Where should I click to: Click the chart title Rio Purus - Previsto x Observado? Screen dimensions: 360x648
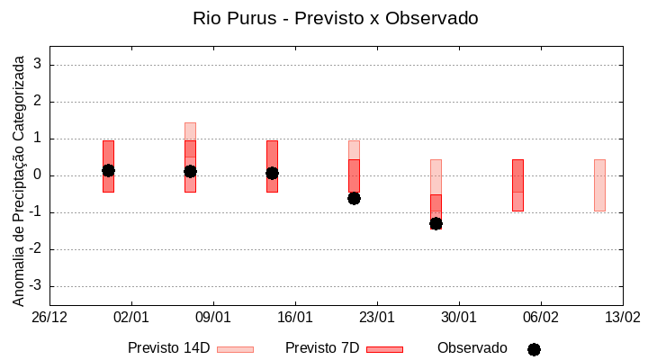point(336,18)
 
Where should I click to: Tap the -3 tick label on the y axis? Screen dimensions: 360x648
point(36,286)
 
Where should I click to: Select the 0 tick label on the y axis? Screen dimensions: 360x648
point(39,175)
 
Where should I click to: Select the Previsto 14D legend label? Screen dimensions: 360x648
point(168,348)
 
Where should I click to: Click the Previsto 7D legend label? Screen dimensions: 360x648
point(322,348)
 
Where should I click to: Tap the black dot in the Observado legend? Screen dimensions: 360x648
point(534,349)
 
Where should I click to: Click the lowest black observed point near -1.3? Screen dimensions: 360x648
point(436,223)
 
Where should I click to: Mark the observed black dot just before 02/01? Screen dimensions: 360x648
point(108,170)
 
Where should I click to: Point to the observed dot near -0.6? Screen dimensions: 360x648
point(354,198)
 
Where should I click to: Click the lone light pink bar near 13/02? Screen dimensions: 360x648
point(599,184)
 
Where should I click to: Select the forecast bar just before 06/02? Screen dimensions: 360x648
point(517,184)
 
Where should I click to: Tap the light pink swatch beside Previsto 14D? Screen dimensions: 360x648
point(236,349)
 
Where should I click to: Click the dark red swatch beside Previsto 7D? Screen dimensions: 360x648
point(384,349)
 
